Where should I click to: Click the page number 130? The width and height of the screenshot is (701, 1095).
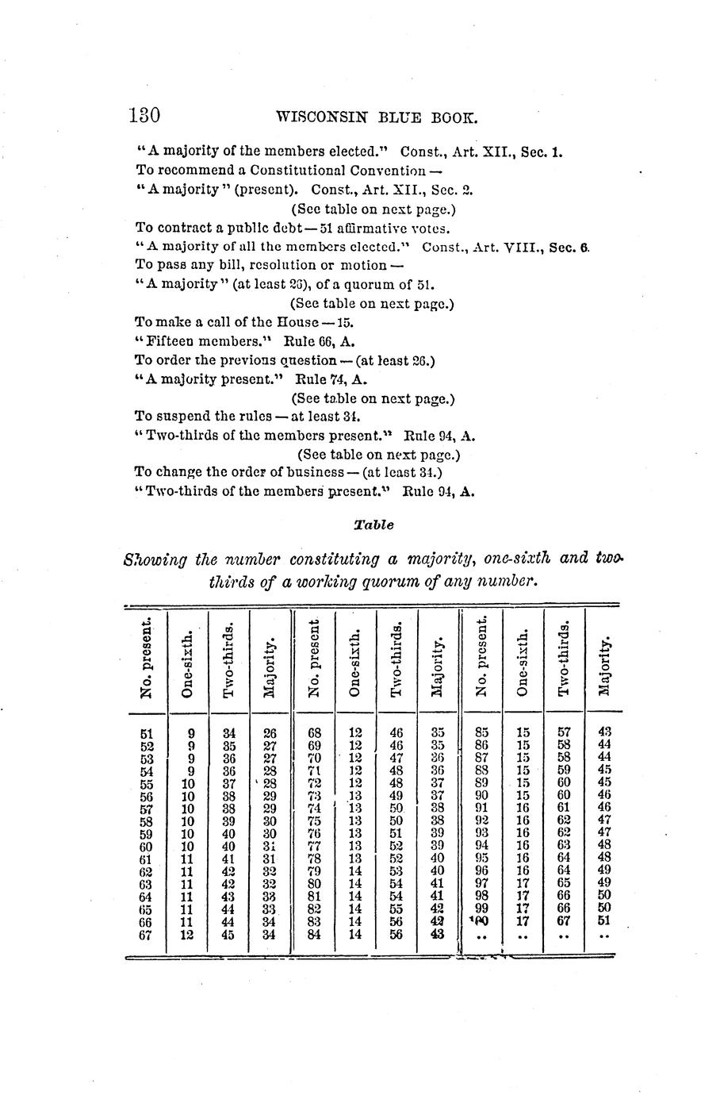144,116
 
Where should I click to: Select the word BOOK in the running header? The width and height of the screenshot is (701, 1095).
454,118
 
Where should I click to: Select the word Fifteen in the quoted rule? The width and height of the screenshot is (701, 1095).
171,342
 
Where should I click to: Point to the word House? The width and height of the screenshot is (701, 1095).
297,323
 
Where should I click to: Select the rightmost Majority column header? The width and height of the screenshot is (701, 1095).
606,665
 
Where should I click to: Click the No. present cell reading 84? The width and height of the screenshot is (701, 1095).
313,934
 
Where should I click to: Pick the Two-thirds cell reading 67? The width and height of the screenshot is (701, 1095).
563,921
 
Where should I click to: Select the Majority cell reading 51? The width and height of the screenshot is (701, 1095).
603,921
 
